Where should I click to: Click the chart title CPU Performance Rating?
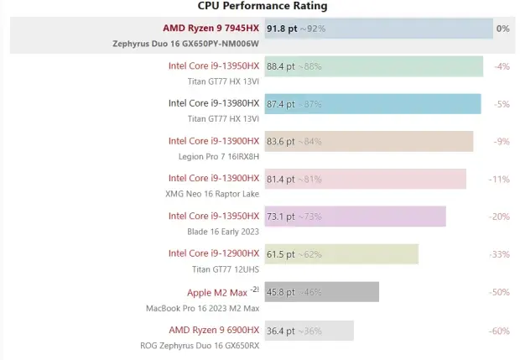point(263,6)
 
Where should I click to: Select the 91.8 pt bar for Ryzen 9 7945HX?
point(378,29)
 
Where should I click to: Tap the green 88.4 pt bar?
point(373,66)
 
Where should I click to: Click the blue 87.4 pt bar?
point(372,104)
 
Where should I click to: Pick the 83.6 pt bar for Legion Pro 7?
point(369,142)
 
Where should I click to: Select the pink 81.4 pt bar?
point(365,179)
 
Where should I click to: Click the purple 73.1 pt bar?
point(355,217)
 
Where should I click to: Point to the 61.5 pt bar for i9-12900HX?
point(341,254)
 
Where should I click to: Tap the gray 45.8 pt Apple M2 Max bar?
point(322,292)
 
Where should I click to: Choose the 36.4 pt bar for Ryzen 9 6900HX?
point(309,331)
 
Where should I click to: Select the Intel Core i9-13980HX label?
point(214,103)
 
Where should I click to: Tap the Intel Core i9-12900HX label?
point(214,253)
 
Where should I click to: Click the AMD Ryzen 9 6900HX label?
point(214,330)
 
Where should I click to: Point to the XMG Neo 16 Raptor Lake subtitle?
point(212,194)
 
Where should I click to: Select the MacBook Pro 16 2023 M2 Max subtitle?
point(203,307)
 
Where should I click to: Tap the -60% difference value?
point(500,331)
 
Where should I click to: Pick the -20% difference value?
point(500,217)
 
